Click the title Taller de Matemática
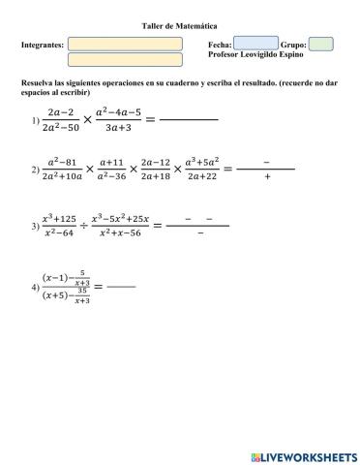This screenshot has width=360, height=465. (179, 23)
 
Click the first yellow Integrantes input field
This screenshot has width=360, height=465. (126, 44)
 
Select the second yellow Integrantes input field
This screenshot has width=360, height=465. (126, 59)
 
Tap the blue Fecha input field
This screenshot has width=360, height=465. (255, 44)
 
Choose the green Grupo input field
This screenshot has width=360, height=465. (320, 44)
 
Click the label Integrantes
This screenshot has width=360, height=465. (43, 45)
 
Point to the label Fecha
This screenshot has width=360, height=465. (220, 45)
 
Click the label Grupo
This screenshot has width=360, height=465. (293, 45)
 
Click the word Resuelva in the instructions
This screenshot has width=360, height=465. (38, 84)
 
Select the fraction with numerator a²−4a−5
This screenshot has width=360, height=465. (120, 119)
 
